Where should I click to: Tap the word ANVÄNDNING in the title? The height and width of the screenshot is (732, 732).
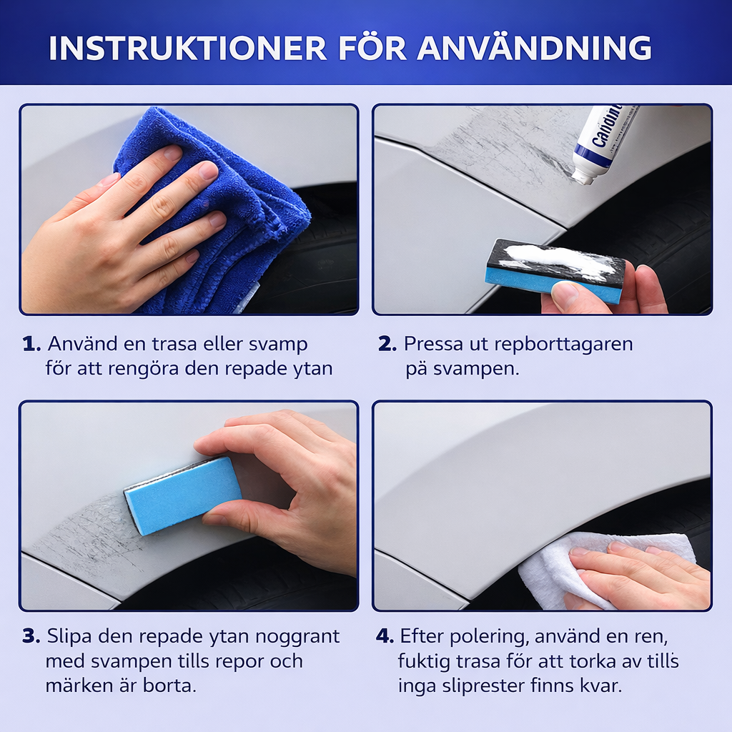[x=534, y=47]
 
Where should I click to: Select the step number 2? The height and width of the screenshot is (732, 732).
[x=387, y=344]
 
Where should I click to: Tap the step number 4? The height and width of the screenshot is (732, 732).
[x=385, y=636]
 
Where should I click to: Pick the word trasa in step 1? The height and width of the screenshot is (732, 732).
[x=175, y=344]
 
